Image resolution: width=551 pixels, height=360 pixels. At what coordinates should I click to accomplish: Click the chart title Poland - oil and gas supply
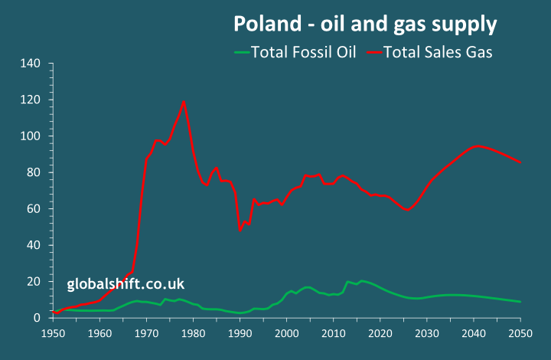(x=364, y=25)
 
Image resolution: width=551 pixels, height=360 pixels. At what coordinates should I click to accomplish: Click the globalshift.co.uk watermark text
(x=126, y=284)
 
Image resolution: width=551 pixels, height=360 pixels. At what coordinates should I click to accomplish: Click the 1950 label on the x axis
(x=54, y=334)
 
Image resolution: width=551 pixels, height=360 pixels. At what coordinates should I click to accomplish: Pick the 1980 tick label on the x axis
(x=194, y=334)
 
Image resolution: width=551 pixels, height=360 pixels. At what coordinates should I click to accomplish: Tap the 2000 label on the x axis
(x=287, y=334)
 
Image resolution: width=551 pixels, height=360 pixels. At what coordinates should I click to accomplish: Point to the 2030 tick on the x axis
(x=427, y=334)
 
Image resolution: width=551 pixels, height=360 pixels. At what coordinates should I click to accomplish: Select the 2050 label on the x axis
(x=520, y=334)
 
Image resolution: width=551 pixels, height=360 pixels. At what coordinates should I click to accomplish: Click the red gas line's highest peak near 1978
(x=184, y=101)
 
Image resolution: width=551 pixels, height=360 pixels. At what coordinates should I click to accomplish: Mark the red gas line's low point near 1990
(x=240, y=230)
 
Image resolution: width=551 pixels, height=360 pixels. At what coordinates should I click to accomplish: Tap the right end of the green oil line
(x=520, y=302)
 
